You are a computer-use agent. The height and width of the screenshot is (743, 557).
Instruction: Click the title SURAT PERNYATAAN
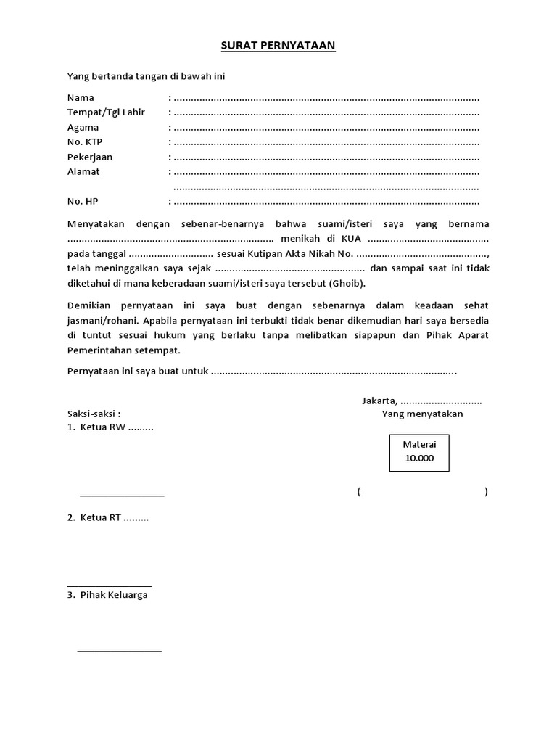click(x=278, y=46)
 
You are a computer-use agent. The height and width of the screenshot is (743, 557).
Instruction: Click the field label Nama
click(x=81, y=97)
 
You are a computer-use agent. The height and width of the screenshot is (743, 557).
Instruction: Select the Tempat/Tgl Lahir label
click(x=106, y=112)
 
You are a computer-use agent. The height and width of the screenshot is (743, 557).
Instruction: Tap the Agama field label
click(x=83, y=127)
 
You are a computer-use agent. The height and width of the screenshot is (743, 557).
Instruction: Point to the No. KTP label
click(x=85, y=142)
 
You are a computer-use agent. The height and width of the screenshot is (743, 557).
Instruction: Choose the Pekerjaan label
click(x=90, y=157)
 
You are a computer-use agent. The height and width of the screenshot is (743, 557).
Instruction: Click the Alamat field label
click(x=83, y=172)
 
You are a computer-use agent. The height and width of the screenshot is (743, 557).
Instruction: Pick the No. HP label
click(x=82, y=201)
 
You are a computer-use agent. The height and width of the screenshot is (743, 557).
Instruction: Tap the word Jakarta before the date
click(x=379, y=401)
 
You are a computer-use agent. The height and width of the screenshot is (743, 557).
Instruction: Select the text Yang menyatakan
click(x=423, y=414)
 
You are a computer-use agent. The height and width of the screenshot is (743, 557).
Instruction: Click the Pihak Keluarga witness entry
click(x=114, y=595)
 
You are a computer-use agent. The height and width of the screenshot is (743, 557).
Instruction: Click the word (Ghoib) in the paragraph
click(x=347, y=283)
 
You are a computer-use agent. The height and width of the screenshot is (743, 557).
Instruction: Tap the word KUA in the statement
click(x=352, y=239)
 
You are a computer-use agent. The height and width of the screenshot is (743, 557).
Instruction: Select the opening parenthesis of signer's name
click(x=358, y=492)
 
